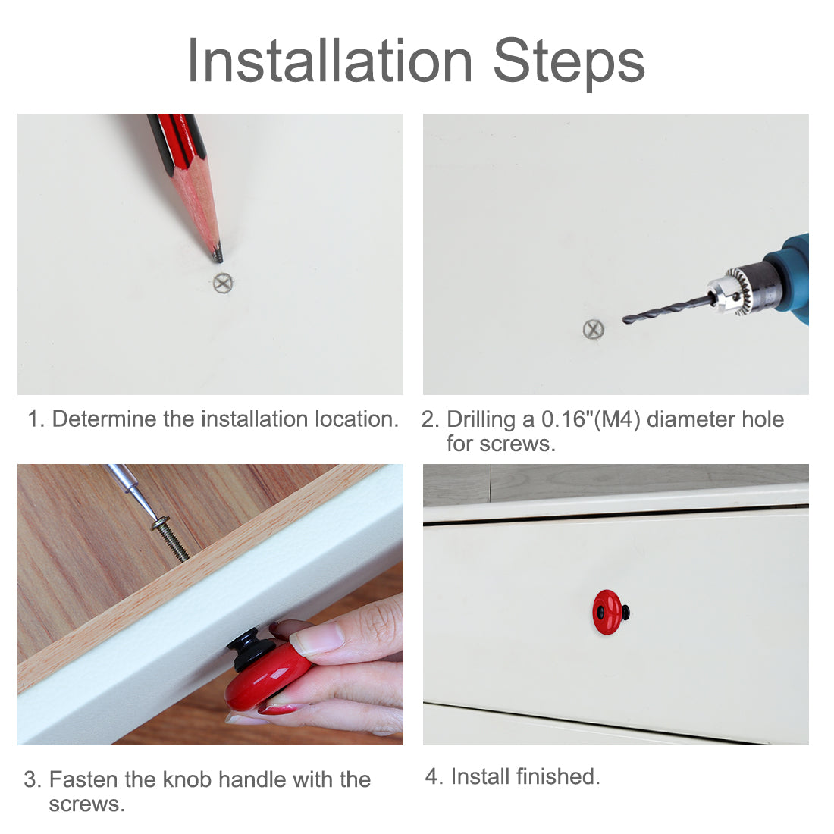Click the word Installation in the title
[330, 61]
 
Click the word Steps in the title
[569, 64]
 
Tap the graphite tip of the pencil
[218, 256]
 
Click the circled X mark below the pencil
[224, 283]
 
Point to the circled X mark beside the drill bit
[594, 329]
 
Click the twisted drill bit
[667, 310]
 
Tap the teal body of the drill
[792, 277]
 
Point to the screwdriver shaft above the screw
[133, 491]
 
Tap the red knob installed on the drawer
[608, 612]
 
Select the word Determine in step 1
[105, 419]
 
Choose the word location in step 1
[356, 419]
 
